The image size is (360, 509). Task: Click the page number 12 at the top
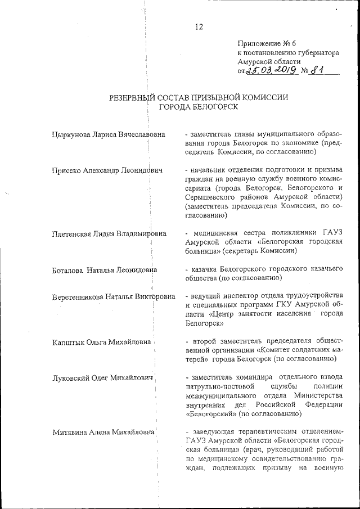pos(199,26)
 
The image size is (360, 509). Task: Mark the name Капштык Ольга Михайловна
pos(101,341)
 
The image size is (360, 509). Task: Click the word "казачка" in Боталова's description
pos(208,269)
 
